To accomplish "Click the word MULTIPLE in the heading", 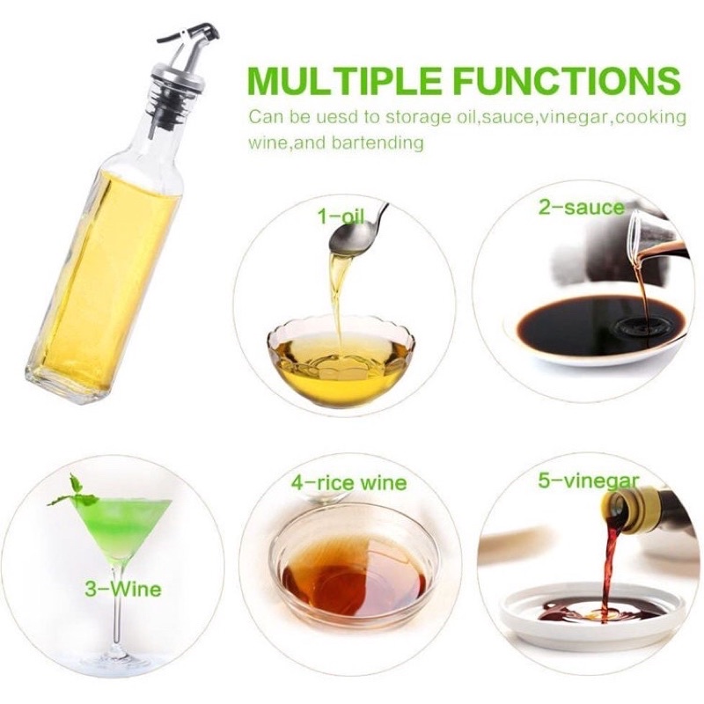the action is (344, 81).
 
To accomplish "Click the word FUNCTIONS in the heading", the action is (567, 81).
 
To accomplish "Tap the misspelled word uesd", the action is (334, 117).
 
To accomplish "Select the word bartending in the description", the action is (378, 143).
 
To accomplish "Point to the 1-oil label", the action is (341, 216).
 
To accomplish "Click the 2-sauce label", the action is (582, 208).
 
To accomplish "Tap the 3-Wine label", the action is (123, 589).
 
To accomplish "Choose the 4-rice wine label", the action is (348, 483).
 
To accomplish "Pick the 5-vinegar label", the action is (588, 480).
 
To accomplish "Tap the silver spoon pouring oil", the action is (357, 233).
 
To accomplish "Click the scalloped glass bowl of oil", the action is (341, 362).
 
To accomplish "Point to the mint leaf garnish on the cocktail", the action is (74, 493).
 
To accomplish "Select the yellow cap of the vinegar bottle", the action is (632, 511).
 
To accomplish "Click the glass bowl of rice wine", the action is (355, 562).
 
